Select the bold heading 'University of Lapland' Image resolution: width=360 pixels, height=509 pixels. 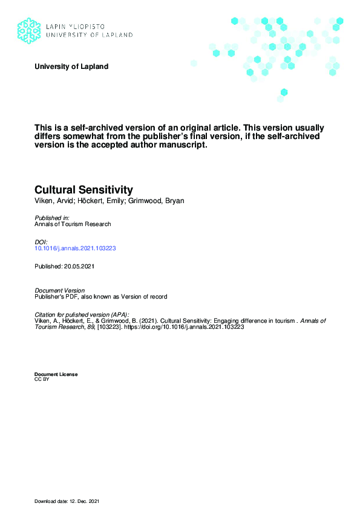tap(71, 66)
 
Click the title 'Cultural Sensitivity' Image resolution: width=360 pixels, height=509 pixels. tap(83, 190)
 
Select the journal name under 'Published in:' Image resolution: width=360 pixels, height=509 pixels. tap(73, 224)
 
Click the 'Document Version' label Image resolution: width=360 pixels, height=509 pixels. tap(59, 291)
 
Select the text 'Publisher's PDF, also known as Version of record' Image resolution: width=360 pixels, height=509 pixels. tap(100, 297)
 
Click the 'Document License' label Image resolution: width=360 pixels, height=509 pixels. tap(56, 375)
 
